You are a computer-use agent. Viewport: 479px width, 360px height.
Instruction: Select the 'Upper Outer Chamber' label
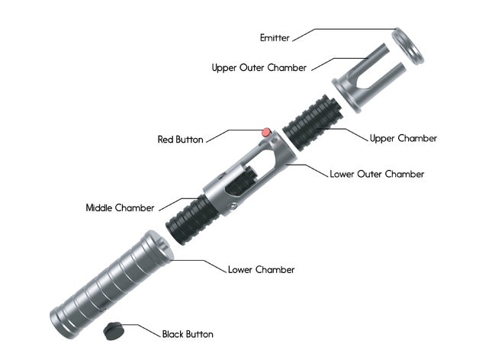click(259, 68)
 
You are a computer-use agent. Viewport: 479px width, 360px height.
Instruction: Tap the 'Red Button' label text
click(182, 140)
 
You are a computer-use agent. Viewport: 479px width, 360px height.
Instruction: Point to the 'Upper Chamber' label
click(403, 138)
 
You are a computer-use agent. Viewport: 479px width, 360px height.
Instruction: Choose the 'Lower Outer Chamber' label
click(376, 174)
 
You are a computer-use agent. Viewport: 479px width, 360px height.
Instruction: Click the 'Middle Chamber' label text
click(120, 207)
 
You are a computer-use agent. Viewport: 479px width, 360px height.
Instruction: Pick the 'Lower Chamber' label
click(261, 269)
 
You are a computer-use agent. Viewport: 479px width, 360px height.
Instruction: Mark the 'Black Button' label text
click(188, 334)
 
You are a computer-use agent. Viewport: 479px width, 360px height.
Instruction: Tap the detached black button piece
click(114, 328)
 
